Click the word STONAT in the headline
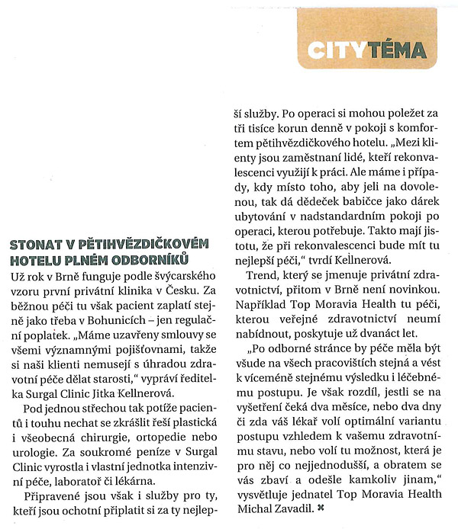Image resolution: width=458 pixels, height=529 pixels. click(35, 243)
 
